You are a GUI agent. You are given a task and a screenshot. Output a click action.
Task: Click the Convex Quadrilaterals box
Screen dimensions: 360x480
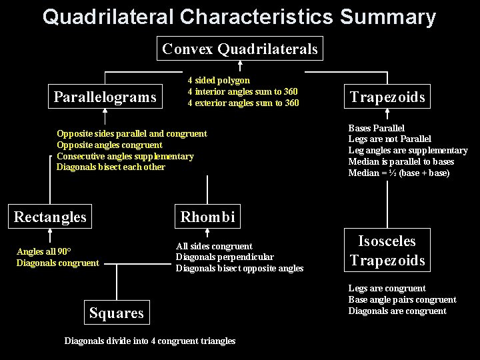coord(241,49)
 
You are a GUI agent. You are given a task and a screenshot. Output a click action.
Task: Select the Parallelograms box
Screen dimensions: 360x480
coord(105,97)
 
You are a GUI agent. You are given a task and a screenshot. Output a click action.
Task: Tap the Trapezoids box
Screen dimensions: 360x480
coord(387,97)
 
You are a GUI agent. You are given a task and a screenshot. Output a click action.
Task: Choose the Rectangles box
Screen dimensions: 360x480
coord(50,217)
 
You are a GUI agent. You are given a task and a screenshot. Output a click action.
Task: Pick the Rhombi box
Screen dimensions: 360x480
coord(207,217)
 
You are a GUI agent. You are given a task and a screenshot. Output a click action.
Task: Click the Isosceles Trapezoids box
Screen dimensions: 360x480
coord(387,251)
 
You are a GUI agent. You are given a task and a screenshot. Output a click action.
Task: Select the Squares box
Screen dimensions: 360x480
coord(117,313)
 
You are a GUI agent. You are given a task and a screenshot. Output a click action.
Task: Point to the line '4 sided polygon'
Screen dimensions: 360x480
coord(219,80)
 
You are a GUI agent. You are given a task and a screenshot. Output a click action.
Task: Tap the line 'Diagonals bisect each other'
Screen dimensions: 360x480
coord(111,167)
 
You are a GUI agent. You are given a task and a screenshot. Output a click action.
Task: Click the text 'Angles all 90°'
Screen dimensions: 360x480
coord(44,251)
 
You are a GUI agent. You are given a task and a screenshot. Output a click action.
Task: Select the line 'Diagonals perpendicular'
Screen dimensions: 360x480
coord(225,257)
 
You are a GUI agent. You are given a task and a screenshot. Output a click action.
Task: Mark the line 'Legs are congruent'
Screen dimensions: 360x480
coord(387,288)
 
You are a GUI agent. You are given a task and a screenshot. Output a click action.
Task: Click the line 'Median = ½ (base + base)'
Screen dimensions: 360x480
coord(399,173)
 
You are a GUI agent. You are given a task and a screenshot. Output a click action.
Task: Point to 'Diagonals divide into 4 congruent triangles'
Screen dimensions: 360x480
coord(150,341)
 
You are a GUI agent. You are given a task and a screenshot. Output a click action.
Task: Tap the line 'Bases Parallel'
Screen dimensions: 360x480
coord(376,128)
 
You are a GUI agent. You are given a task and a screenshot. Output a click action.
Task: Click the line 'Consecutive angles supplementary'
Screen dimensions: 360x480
coord(125,156)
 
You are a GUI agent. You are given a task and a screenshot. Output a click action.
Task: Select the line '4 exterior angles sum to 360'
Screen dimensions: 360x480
coord(243,103)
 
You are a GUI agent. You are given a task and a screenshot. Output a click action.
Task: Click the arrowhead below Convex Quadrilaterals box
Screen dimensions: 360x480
coord(240,65)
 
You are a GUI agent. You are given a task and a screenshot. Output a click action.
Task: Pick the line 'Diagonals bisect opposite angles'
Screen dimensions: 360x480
coord(239,268)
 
